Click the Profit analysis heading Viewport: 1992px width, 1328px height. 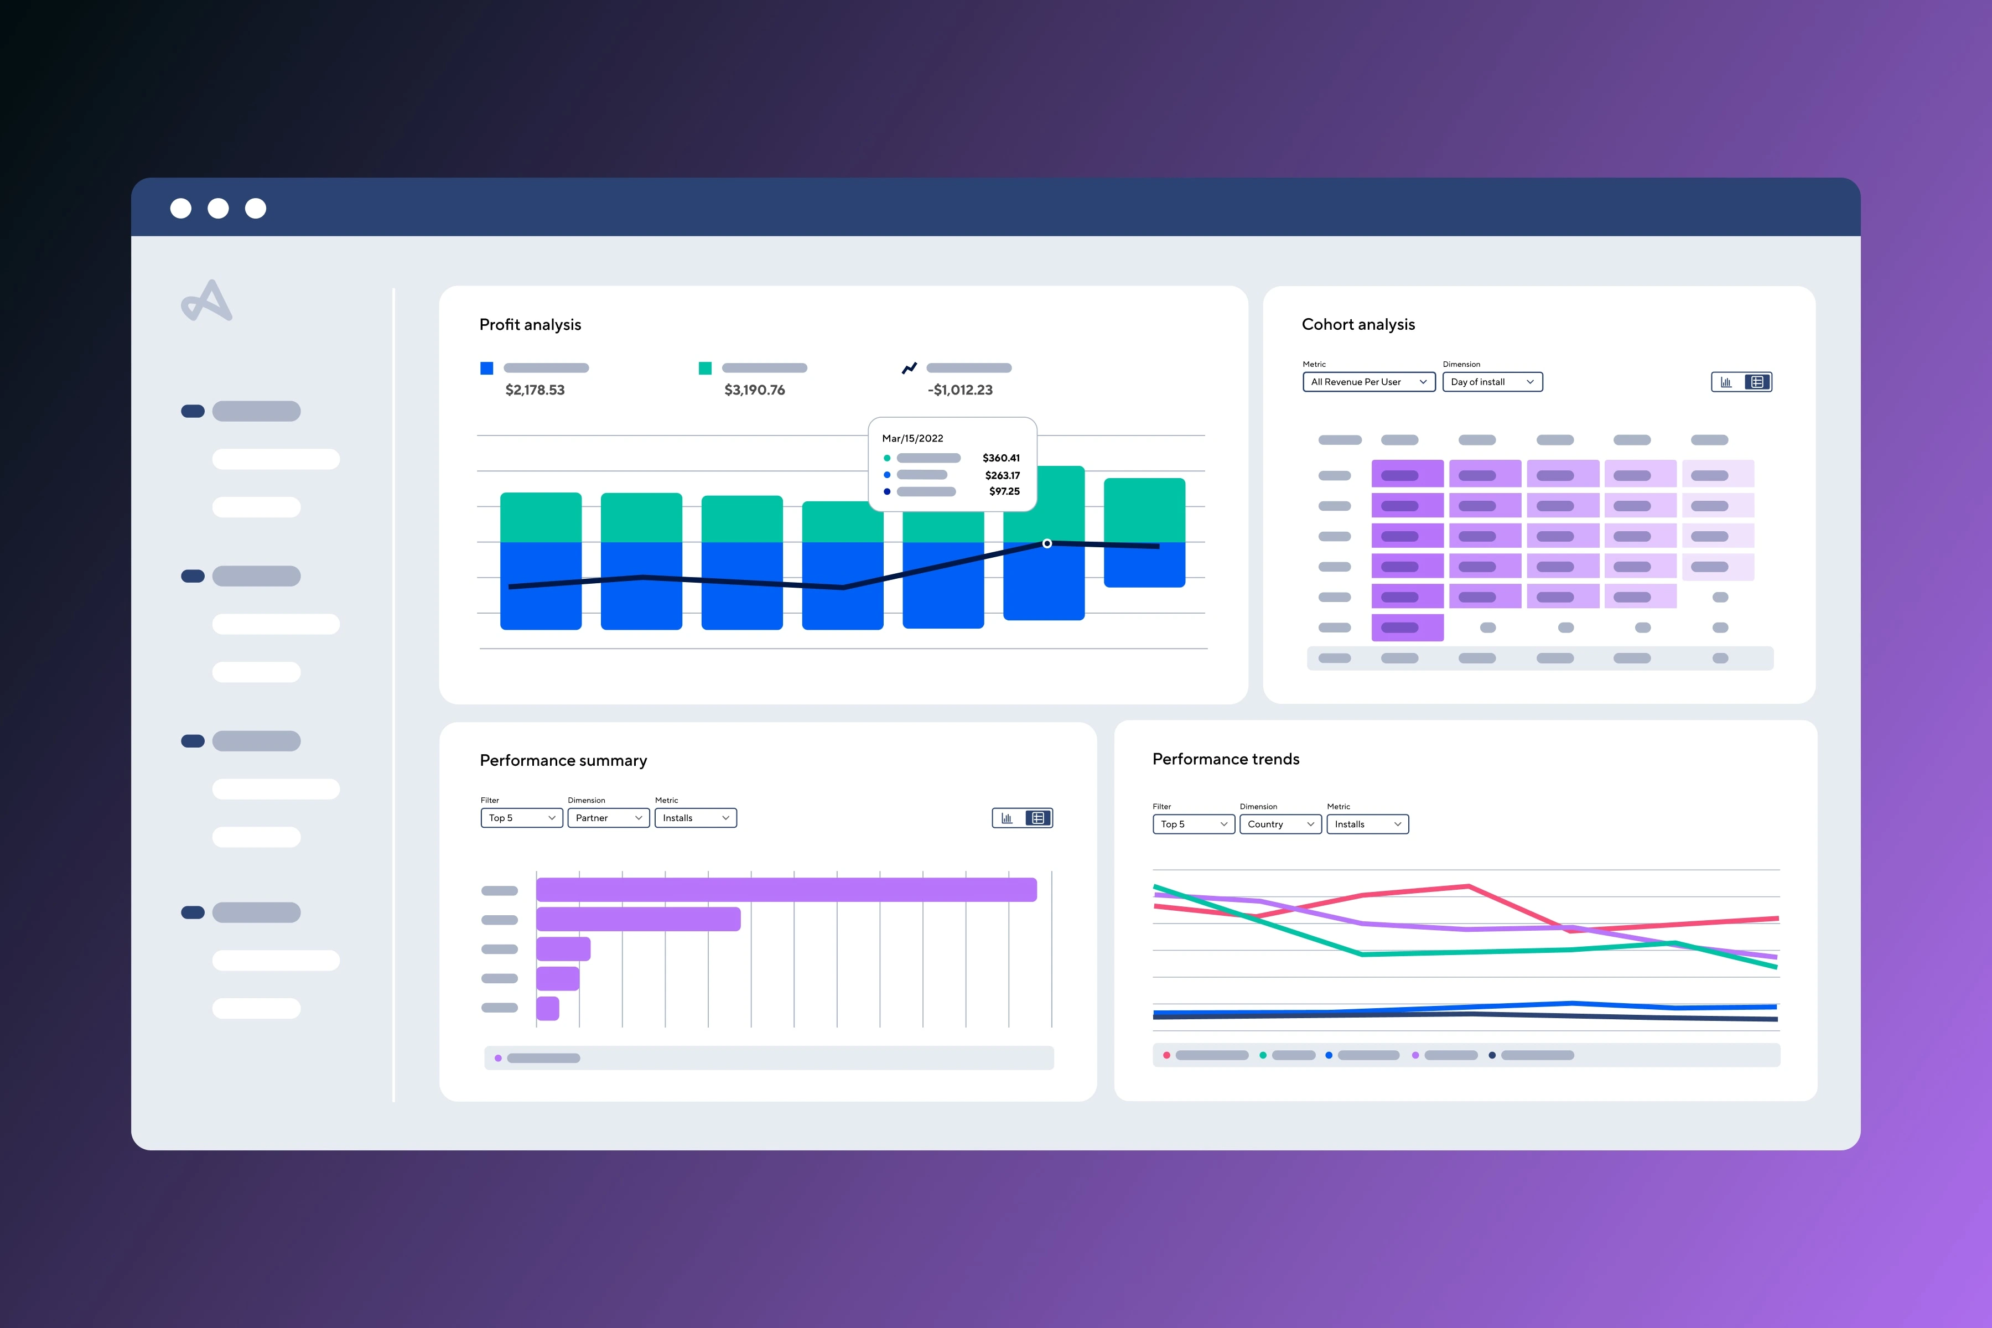pyautogui.click(x=530, y=324)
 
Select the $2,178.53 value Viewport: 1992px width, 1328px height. pyautogui.click(x=535, y=390)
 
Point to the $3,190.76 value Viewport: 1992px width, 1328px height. pyautogui.click(x=754, y=390)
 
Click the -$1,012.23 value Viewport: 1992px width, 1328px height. pyautogui.click(x=959, y=390)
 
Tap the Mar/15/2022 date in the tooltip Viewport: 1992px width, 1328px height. pyautogui.click(x=912, y=438)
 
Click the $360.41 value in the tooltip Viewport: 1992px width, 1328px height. pyautogui.click(x=1000, y=458)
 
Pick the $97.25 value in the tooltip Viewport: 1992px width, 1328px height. pyautogui.click(x=1004, y=491)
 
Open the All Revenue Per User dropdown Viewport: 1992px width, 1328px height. pyautogui.click(x=1368, y=382)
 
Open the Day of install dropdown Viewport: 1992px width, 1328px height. pyautogui.click(x=1491, y=382)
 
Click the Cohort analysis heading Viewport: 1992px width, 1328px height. pyautogui.click(x=1358, y=324)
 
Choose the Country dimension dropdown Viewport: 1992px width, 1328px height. pyautogui.click(x=1280, y=824)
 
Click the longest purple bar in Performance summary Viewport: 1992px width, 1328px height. pyautogui.click(x=786, y=889)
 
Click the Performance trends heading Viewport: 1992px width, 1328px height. pyautogui.click(x=1226, y=759)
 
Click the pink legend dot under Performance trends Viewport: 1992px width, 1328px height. pyautogui.click(x=1166, y=1055)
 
